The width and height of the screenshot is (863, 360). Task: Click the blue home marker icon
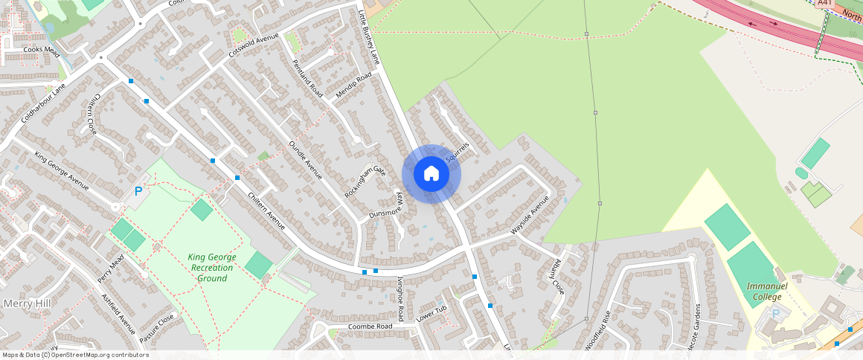[431, 174]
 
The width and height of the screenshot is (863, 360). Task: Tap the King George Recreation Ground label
[213, 267]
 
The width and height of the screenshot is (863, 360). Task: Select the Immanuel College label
[763, 292]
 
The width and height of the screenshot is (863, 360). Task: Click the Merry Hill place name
[26, 303]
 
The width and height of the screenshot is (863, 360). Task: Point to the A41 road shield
[824, 4]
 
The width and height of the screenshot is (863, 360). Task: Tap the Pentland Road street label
[307, 78]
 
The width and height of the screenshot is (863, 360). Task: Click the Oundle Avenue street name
[305, 159]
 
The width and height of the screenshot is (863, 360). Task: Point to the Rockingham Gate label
[365, 181]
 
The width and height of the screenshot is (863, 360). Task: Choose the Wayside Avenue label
[530, 216]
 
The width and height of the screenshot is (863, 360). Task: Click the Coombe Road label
[370, 327]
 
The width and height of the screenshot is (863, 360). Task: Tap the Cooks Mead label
[41, 50]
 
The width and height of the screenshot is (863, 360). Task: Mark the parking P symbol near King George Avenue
[138, 192]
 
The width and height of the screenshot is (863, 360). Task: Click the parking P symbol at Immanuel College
[776, 313]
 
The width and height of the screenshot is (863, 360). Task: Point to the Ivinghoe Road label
[400, 298]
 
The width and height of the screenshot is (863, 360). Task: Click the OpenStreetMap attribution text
[76, 355]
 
